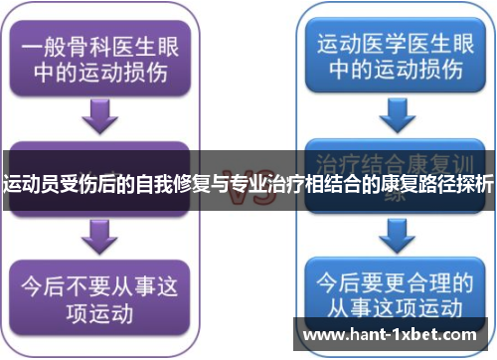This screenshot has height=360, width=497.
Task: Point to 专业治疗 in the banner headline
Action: tap(265, 184)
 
